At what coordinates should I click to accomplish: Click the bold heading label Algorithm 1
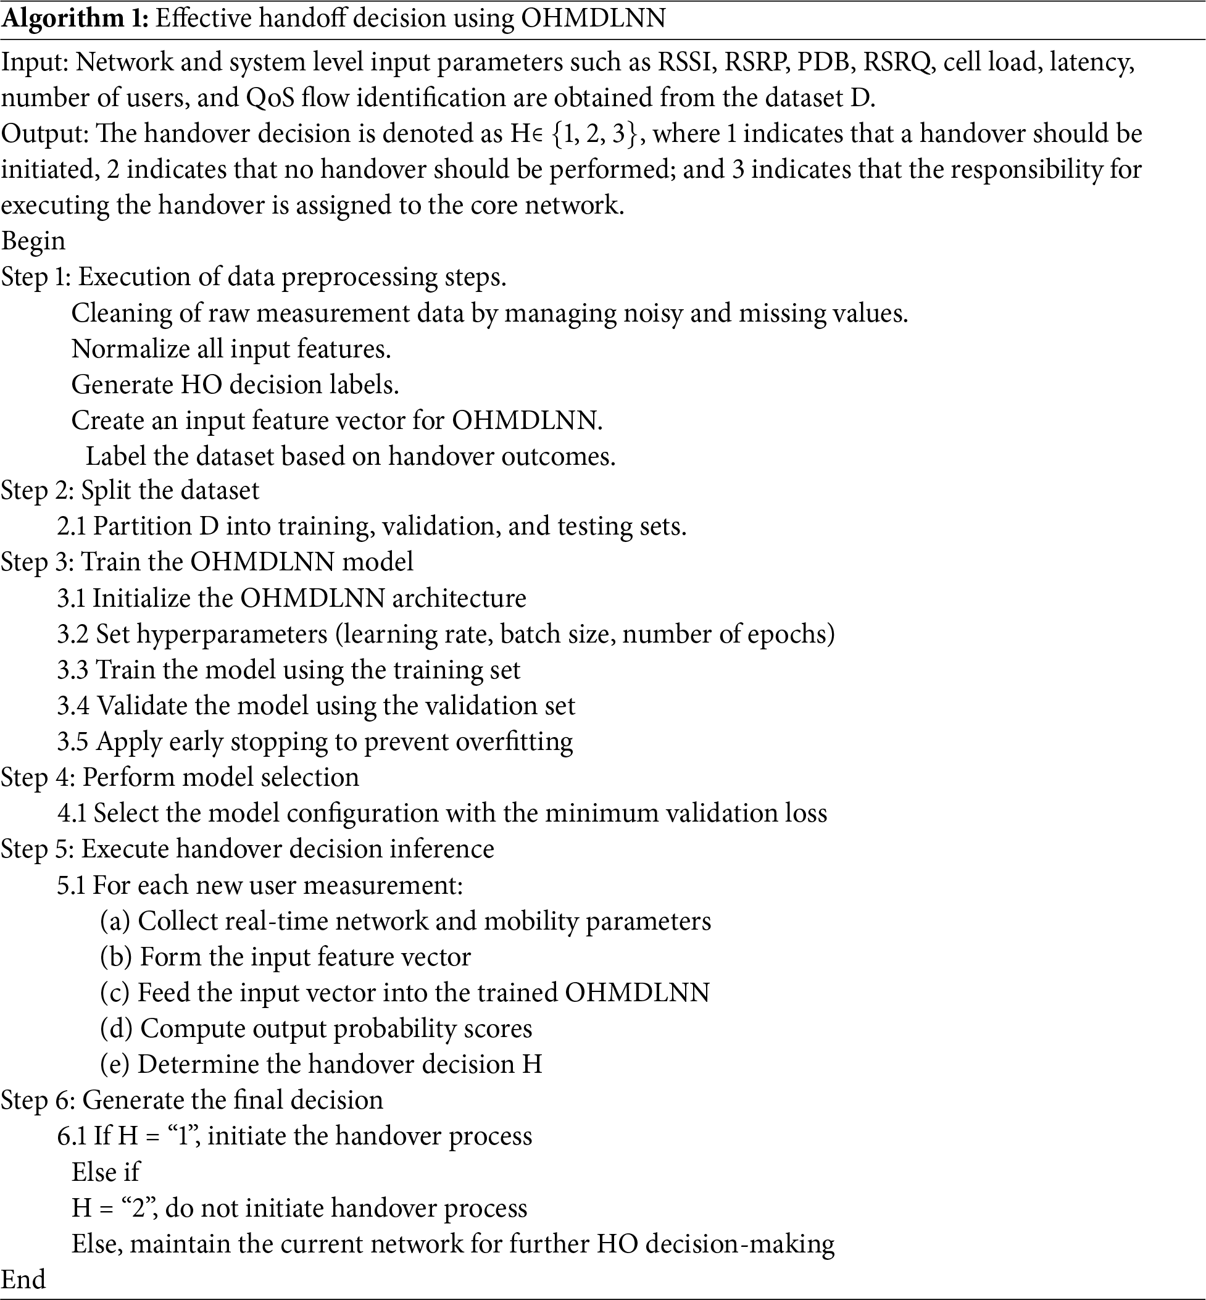click(x=76, y=19)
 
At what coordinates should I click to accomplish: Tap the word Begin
click(x=33, y=241)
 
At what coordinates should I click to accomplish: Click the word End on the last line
click(x=23, y=1278)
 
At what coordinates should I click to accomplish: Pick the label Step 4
click(x=36, y=777)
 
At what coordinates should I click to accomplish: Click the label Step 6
click(x=36, y=1100)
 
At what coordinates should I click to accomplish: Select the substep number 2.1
click(x=71, y=526)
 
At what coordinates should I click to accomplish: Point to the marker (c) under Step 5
click(x=115, y=993)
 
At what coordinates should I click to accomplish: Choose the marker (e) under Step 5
click(x=115, y=1064)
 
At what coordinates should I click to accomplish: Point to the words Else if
click(x=105, y=1172)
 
